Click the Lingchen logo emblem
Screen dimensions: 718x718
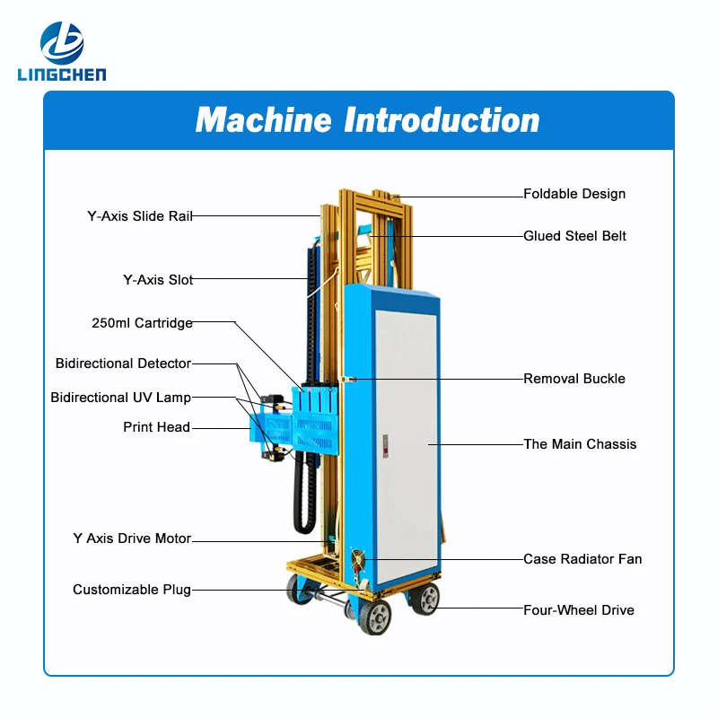click(x=62, y=41)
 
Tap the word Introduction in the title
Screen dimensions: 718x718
click(x=442, y=120)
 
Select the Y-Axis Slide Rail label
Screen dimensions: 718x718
click(x=139, y=215)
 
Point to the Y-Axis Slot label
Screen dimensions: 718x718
click(x=158, y=280)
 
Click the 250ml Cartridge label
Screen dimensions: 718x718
click(x=142, y=323)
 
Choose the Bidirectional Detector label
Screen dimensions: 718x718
click(x=123, y=363)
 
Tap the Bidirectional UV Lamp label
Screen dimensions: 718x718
click(x=120, y=397)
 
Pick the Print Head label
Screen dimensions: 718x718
click(x=156, y=427)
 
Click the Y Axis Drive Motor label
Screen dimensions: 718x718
click(x=132, y=538)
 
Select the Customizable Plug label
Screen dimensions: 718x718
click(x=132, y=590)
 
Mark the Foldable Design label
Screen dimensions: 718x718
click(x=574, y=194)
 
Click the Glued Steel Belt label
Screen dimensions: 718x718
click(x=574, y=236)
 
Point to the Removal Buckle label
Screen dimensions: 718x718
click(x=574, y=379)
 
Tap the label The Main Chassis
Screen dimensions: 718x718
click(x=580, y=444)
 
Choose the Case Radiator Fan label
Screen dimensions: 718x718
click(x=582, y=559)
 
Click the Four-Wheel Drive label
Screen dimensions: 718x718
click(x=578, y=610)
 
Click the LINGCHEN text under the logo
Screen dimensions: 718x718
click(x=61, y=74)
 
